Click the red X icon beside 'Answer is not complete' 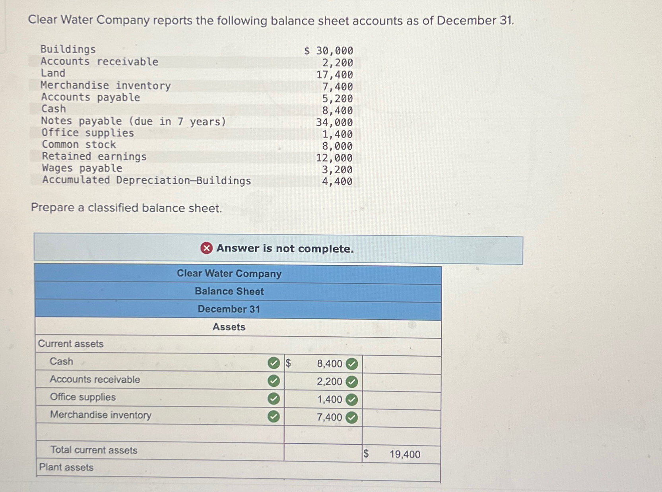click(x=206, y=249)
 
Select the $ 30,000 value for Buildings click(x=329, y=51)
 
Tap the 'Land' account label click(x=53, y=73)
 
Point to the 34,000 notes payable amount click(x=334, y=122)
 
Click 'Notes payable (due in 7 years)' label click(x=134, y=122)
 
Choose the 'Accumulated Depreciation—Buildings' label click(x=147, y=180)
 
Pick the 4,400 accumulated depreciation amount click(x=337, y=181)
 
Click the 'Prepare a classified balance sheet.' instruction click(x=126, y=208)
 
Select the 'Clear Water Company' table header click(x=229, y=274)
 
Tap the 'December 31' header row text click(x=229, y=309)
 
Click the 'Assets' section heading click(x=229, y=327)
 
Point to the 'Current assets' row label click(x=71, y=344)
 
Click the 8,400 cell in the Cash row click(x=329, y=364)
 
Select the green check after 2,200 click(x=351, y=382)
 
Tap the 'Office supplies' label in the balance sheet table click(x=83, y=397)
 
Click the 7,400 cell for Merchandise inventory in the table click(x=329, y=417)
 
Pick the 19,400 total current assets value click(x=405, y=454)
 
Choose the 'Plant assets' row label click(x=66, y=467)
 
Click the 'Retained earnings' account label click(x=94, y=156)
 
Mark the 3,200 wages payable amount click(x=337, y=170)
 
